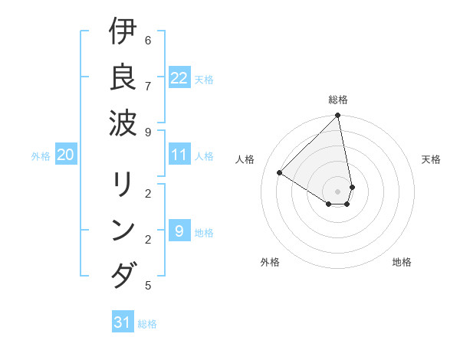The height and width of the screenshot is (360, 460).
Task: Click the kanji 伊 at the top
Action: point(123,33)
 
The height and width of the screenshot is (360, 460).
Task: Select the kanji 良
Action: point(123,77)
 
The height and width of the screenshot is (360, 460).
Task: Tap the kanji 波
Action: point(123,122)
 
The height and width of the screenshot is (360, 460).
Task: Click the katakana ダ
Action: point(123,275)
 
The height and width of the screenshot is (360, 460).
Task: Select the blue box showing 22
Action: point(179,78)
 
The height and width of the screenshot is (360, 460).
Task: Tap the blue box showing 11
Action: point(179,155)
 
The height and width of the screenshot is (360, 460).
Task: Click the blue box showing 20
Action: point(66,155)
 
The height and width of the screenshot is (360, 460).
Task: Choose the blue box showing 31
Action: point(123,322)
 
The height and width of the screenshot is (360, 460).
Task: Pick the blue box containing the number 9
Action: point(179,231)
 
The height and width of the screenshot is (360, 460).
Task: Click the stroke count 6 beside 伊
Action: point(148,40)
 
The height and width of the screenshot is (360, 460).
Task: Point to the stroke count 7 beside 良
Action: point(148,85)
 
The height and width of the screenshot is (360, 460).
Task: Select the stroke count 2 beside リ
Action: point(148,194)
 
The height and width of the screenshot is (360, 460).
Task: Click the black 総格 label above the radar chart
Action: point(338,100)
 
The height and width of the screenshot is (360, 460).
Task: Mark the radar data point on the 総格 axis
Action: point(338,116)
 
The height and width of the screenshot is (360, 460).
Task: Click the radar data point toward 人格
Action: point(280,173)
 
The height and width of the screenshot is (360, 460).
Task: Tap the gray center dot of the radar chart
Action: point(338,191)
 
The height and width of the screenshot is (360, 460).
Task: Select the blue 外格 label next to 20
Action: point(41,156)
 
